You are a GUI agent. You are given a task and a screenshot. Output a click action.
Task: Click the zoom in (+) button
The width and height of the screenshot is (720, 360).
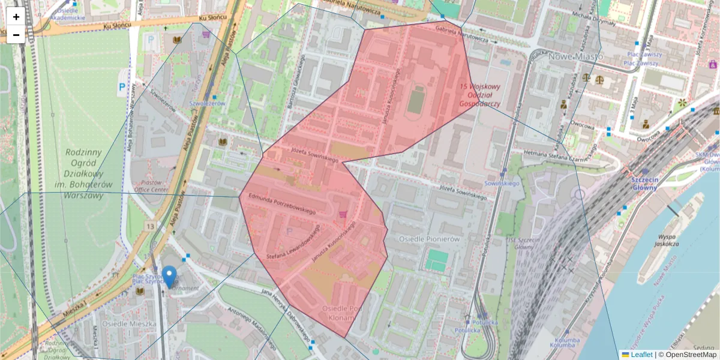tap(16, 17)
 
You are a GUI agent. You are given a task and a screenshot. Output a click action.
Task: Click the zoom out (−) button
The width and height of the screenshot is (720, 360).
tap(16, 35)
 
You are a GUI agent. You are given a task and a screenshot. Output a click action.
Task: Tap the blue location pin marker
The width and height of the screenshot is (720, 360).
tap(170, 277)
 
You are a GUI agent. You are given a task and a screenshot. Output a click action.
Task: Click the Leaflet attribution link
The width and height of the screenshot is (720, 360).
tap(641, 355)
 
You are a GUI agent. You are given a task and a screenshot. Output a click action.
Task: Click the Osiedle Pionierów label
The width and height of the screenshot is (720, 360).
tap(424, 239)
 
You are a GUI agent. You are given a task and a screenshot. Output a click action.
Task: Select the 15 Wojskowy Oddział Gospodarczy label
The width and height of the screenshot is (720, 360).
tap(480, 95)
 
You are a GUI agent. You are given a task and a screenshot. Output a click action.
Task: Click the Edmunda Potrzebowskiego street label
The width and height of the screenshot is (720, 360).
tap(282, 203)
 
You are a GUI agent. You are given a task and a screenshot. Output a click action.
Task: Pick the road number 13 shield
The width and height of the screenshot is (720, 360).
tap(149, 226)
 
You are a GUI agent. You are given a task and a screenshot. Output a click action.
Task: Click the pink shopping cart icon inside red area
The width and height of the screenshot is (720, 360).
tap(343, 214)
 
